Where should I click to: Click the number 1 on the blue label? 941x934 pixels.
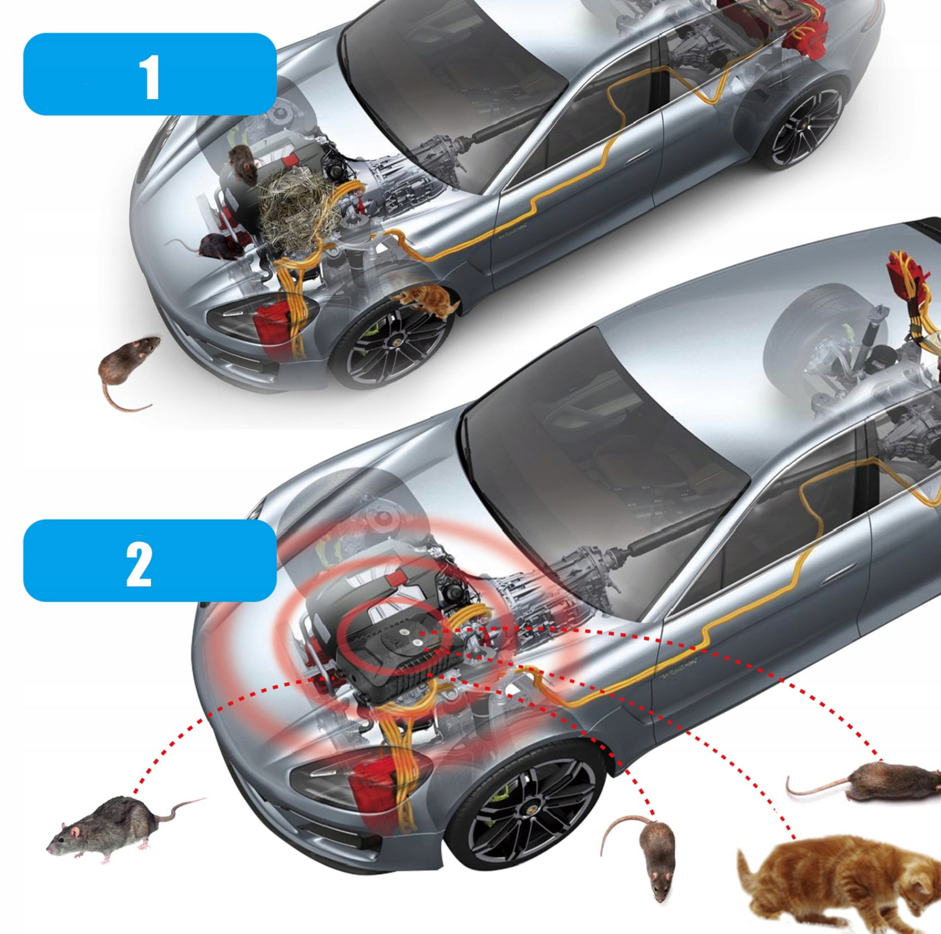pos(150,76)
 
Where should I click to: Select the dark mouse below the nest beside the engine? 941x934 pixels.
pos(215,246)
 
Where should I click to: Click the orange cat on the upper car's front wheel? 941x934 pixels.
pos(427,299)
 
